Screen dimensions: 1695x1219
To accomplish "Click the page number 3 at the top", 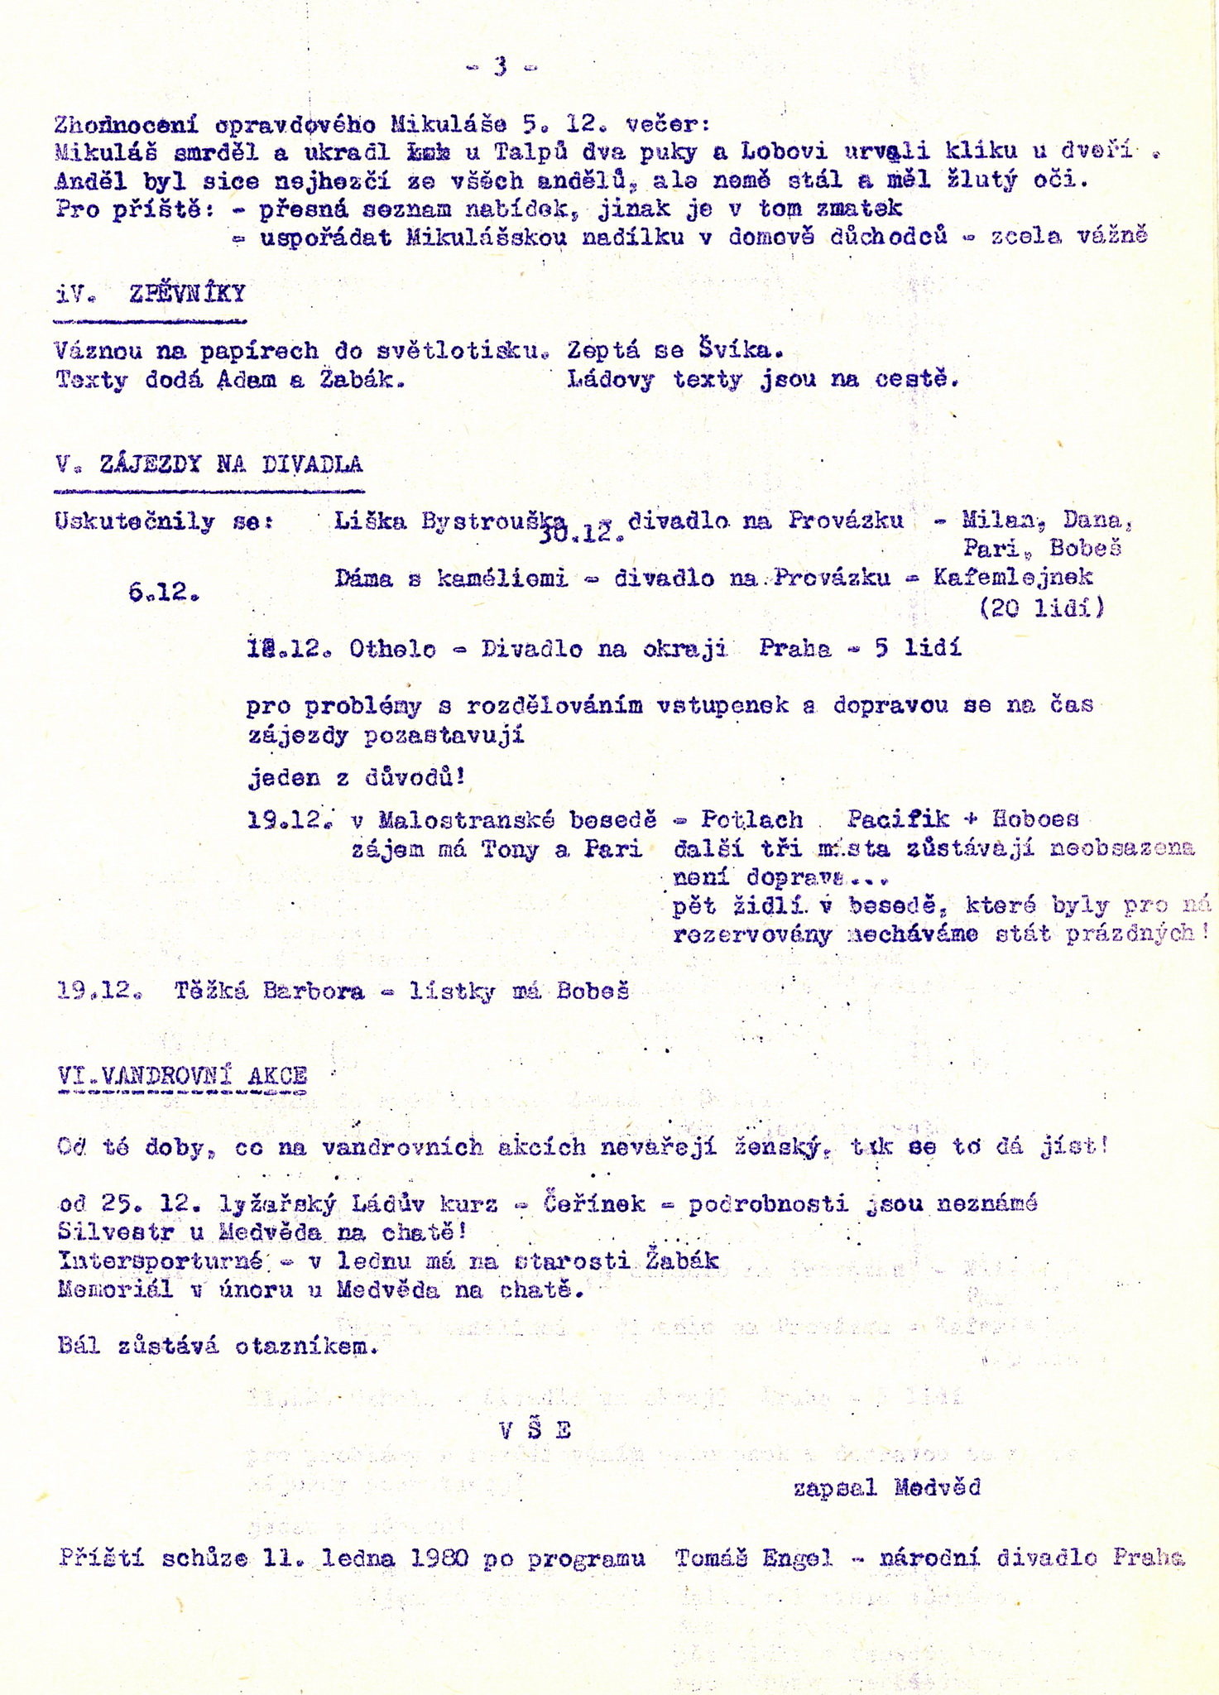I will click(x=501, y=66).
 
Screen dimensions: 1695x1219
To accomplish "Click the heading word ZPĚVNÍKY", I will click(x=187, y=295).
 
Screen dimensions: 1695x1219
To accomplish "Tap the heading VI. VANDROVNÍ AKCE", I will click(x=183, y=1075).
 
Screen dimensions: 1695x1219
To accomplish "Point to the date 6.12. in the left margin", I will click(x=165, y=592).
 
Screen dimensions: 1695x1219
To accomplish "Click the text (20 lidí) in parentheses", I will click(x=1042, y=608).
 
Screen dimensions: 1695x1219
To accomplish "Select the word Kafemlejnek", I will click(x=1013, y=578).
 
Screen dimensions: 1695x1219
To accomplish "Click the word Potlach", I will click(x=751, y=820).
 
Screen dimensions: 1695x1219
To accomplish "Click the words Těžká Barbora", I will click(x=269, y=992).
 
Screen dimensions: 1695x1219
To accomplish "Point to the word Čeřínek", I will click(x=594, y=1203).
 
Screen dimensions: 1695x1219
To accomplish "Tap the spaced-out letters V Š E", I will click(x=535, y=1431).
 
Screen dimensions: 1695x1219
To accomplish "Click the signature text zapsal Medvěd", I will click(x=886, y=1488).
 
